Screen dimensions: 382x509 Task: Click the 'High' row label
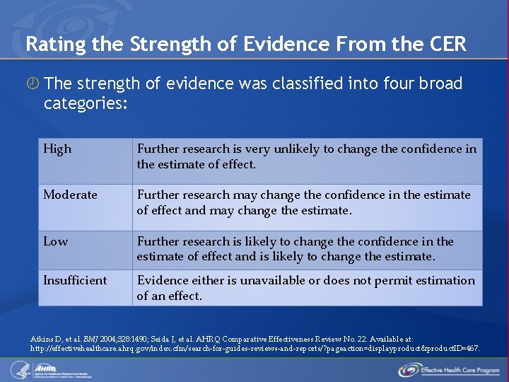click(x=57, y=149)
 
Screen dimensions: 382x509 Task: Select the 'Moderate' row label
click(x=70, y=195)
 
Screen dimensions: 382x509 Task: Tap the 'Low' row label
click(x=55, y=241)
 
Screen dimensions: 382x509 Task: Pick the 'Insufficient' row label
click(x=75, y=280)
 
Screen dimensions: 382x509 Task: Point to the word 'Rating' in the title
click(x=50, y=44)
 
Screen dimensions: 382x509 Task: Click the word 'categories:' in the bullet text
click(x=86, y=103)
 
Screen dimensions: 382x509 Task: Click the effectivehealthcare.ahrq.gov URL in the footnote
click(x=255, y=348)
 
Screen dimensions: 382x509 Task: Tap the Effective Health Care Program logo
click(x=449, y=369)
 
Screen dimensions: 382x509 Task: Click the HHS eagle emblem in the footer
click(x=18, y=369)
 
